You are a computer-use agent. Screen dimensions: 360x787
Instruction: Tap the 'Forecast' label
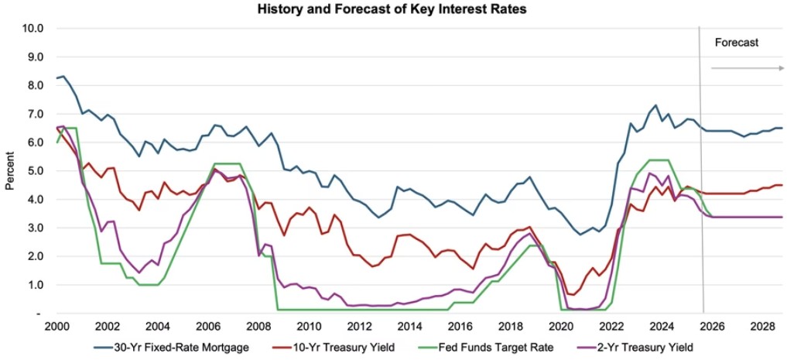coord(737,43)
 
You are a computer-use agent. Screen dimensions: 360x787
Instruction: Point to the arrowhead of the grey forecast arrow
coord(781,68)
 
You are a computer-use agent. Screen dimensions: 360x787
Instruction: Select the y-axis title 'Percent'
coord(10,170)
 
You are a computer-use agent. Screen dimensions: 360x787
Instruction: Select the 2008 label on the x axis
coord(258,327)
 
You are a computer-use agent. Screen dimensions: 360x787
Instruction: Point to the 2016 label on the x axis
coord(461,327)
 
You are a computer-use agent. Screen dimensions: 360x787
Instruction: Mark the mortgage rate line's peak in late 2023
coord(655,105)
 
